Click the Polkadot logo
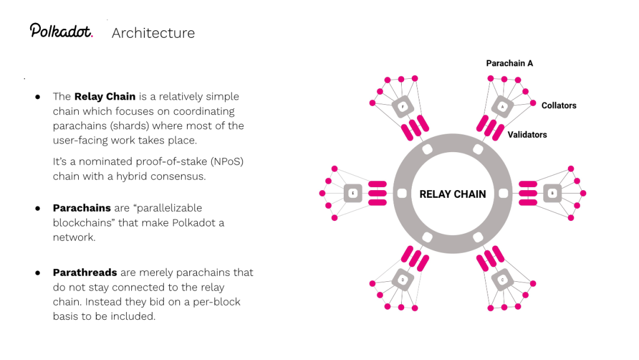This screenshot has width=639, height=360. click(x=62, y=31)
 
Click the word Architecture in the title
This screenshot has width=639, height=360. click(x=153, y=33)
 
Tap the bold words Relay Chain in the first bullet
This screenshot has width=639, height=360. click(x=105, y=96)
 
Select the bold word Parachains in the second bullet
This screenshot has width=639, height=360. click(x=82, y=208)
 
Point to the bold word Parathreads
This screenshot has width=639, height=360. click(x=85, y=272)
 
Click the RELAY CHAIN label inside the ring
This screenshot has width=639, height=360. click(x=453, y=194)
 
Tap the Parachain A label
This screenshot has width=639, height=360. click(x=509, y=63)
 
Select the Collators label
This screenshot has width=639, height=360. click(x=559, y=105)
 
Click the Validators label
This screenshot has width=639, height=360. click(x=527, y=134)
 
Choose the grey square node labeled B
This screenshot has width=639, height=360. click(x=552, y=193)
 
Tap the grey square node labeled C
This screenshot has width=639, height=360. click(x=502, y=279)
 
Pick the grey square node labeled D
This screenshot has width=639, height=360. click(x=402, y=279)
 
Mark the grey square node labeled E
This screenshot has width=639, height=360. click(x=353, y=193)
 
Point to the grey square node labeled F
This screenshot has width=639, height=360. click(x=402, y=107)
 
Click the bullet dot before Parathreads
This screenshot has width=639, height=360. click(x=37, y=273)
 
